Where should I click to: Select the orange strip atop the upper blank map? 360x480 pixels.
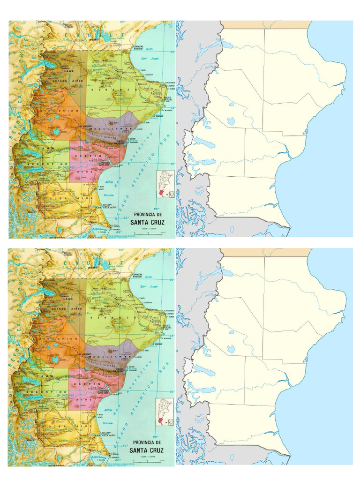266,24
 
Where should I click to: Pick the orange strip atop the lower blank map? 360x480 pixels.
266,252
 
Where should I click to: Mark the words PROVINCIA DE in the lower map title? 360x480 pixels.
147,442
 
